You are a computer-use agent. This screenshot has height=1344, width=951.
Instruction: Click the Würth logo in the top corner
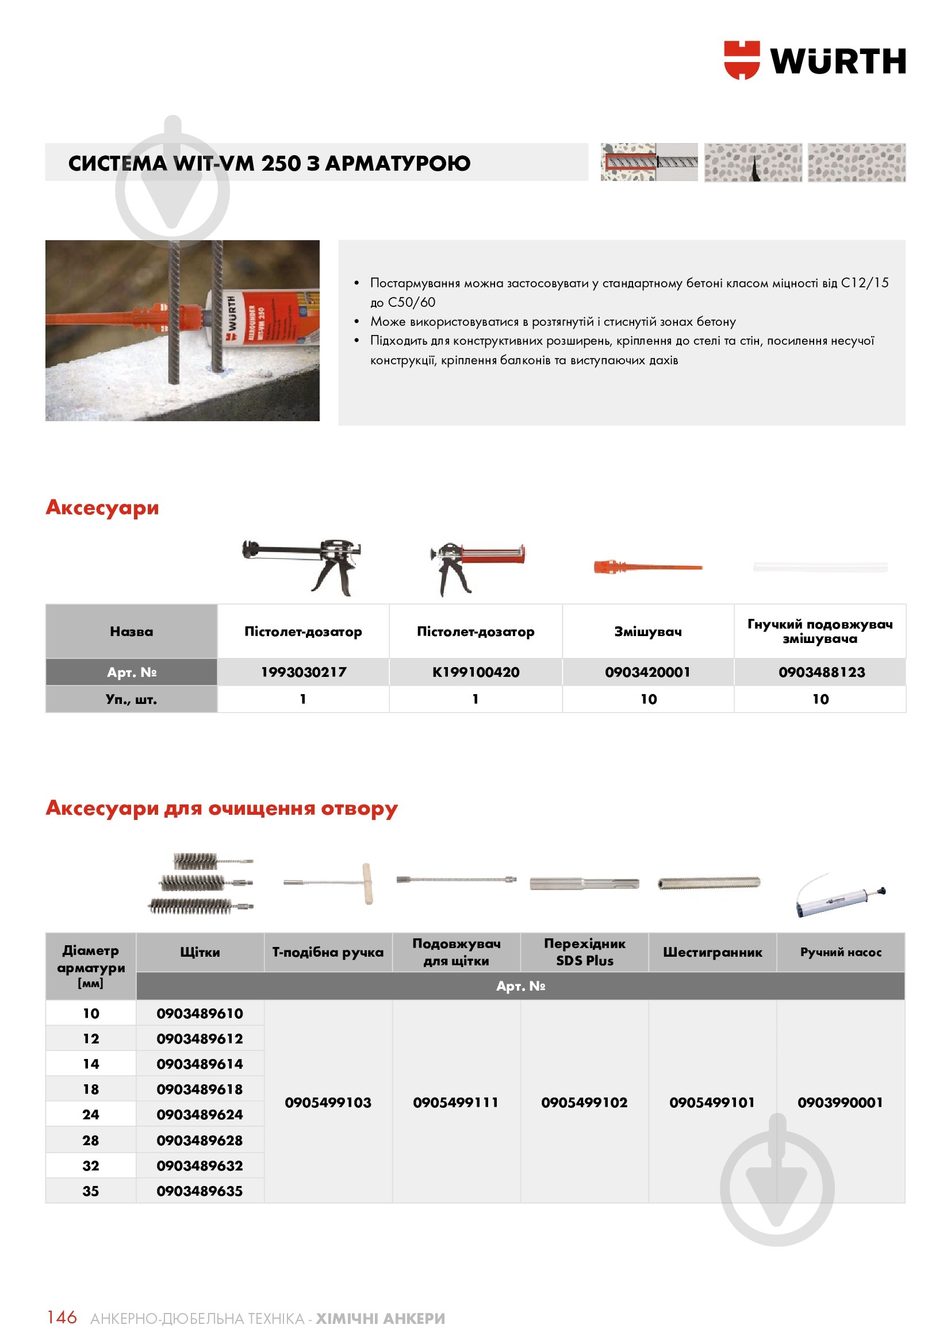tap(814, 60)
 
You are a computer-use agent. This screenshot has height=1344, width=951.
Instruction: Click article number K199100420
tap(475, 672)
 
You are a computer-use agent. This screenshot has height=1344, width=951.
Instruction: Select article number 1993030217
tap(304, 672)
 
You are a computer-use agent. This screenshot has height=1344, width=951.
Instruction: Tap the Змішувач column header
tap(647, 631)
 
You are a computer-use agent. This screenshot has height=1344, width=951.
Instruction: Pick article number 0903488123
tap(821, 672)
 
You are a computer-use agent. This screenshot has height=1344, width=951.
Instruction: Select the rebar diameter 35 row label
tap(91, 1191)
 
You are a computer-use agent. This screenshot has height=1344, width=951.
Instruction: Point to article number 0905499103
tap(328, 1103)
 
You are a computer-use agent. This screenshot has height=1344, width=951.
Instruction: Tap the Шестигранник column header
tap(712, 952)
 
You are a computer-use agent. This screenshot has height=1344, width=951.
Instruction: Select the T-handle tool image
tap(329, 883)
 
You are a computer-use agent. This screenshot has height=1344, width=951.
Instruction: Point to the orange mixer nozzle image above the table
tap(647, 567)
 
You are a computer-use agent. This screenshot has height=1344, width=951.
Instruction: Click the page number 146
tap(62, 1318)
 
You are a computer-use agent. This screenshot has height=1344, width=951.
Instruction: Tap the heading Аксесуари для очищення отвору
tap(221, 808)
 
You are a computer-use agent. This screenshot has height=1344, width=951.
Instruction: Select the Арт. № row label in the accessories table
tap(131, 672)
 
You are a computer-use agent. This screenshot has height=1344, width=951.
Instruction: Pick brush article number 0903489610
tap(200, 1014)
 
